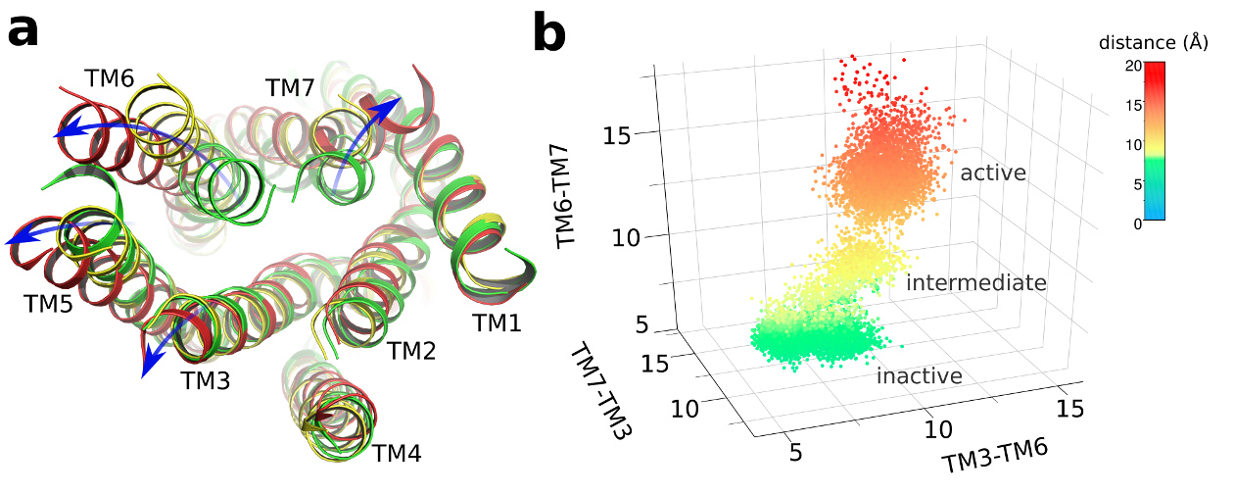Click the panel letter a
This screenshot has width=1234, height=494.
(24, 33)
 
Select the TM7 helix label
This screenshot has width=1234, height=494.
(292, 88)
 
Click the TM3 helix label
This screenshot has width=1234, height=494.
(205, 380)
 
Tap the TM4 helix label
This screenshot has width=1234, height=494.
(398, 454)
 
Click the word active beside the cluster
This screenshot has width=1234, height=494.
(992, 173)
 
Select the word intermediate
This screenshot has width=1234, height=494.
(976, 283)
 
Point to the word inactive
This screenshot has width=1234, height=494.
(919, 376)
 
